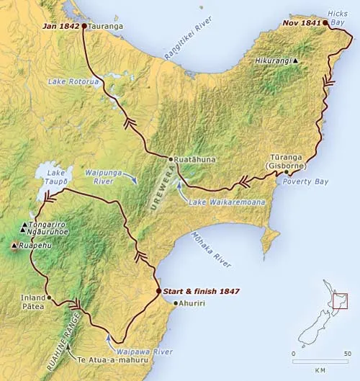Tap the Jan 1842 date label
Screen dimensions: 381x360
[x=62, y=26]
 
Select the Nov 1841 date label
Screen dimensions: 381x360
[x=301, y=23]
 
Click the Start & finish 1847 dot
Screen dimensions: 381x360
[x=158, y=291]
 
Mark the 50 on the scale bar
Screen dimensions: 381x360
[x=347, y=354]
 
